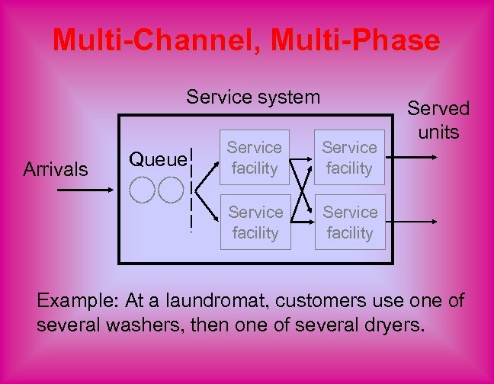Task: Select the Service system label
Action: tap(253, 97)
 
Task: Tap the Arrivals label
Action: tap(56, 168)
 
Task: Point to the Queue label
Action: tap(157, 159)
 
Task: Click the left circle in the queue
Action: tap(142, 190)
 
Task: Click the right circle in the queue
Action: tap(171, 190)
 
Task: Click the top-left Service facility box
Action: tap(255, 158)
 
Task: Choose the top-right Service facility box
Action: tap(349, 158)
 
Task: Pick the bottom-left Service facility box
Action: tap(255, 222)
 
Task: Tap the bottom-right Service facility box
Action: tap(350, 222)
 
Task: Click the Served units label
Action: tap(438, 120)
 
